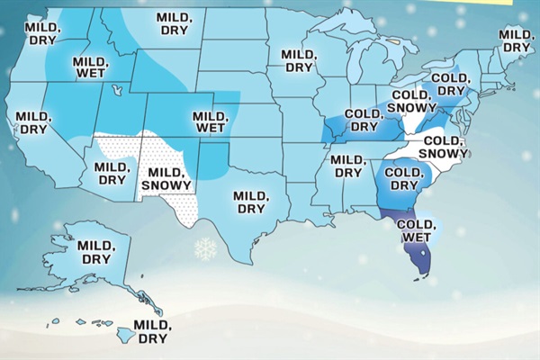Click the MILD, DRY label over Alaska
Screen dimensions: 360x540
[94, 252]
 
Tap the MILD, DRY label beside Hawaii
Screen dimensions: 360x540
[150, 332]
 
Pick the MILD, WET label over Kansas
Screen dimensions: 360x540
[210, 122]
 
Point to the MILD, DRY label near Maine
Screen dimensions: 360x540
[517, 40]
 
